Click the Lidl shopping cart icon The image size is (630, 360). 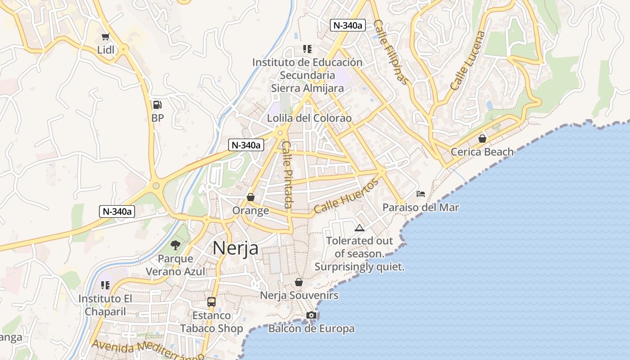[105, 36]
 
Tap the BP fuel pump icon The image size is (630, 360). [157, 105]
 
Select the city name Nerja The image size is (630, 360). [235, 248]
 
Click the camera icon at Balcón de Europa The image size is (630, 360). [311, 315]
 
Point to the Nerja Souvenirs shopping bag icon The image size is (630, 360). [298, 282]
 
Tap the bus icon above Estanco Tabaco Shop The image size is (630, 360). [211, 301]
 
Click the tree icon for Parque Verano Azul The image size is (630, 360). [175, 245]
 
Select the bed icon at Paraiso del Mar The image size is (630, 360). [421, 194]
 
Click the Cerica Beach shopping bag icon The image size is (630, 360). [482, 139]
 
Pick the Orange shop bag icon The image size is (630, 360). [251, 197]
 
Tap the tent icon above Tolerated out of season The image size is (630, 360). [359, 228]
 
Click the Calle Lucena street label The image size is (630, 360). [468, 60]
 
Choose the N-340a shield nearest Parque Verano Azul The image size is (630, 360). [117, 211]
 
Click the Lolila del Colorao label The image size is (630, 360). [309, 118]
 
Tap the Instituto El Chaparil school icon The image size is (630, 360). [105, 285]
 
